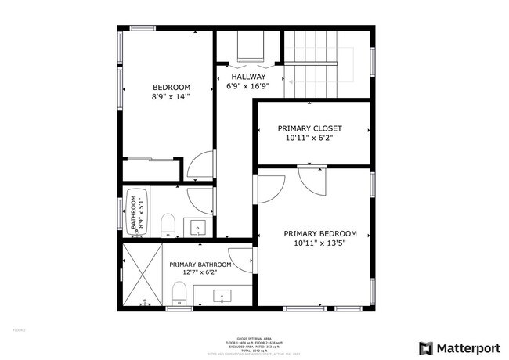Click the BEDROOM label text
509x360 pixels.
(171, 87)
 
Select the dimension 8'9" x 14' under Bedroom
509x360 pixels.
(171, 98)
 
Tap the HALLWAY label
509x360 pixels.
(247, 76)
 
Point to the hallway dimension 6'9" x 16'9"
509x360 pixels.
(247, 86)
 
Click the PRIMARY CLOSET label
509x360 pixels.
(309, 128)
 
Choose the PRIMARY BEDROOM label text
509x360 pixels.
(319, 233)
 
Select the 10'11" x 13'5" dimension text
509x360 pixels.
(319, 243)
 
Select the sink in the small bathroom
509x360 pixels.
(198, 227)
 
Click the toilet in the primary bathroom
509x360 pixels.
(179, 294)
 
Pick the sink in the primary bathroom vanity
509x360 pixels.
(222, 296)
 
